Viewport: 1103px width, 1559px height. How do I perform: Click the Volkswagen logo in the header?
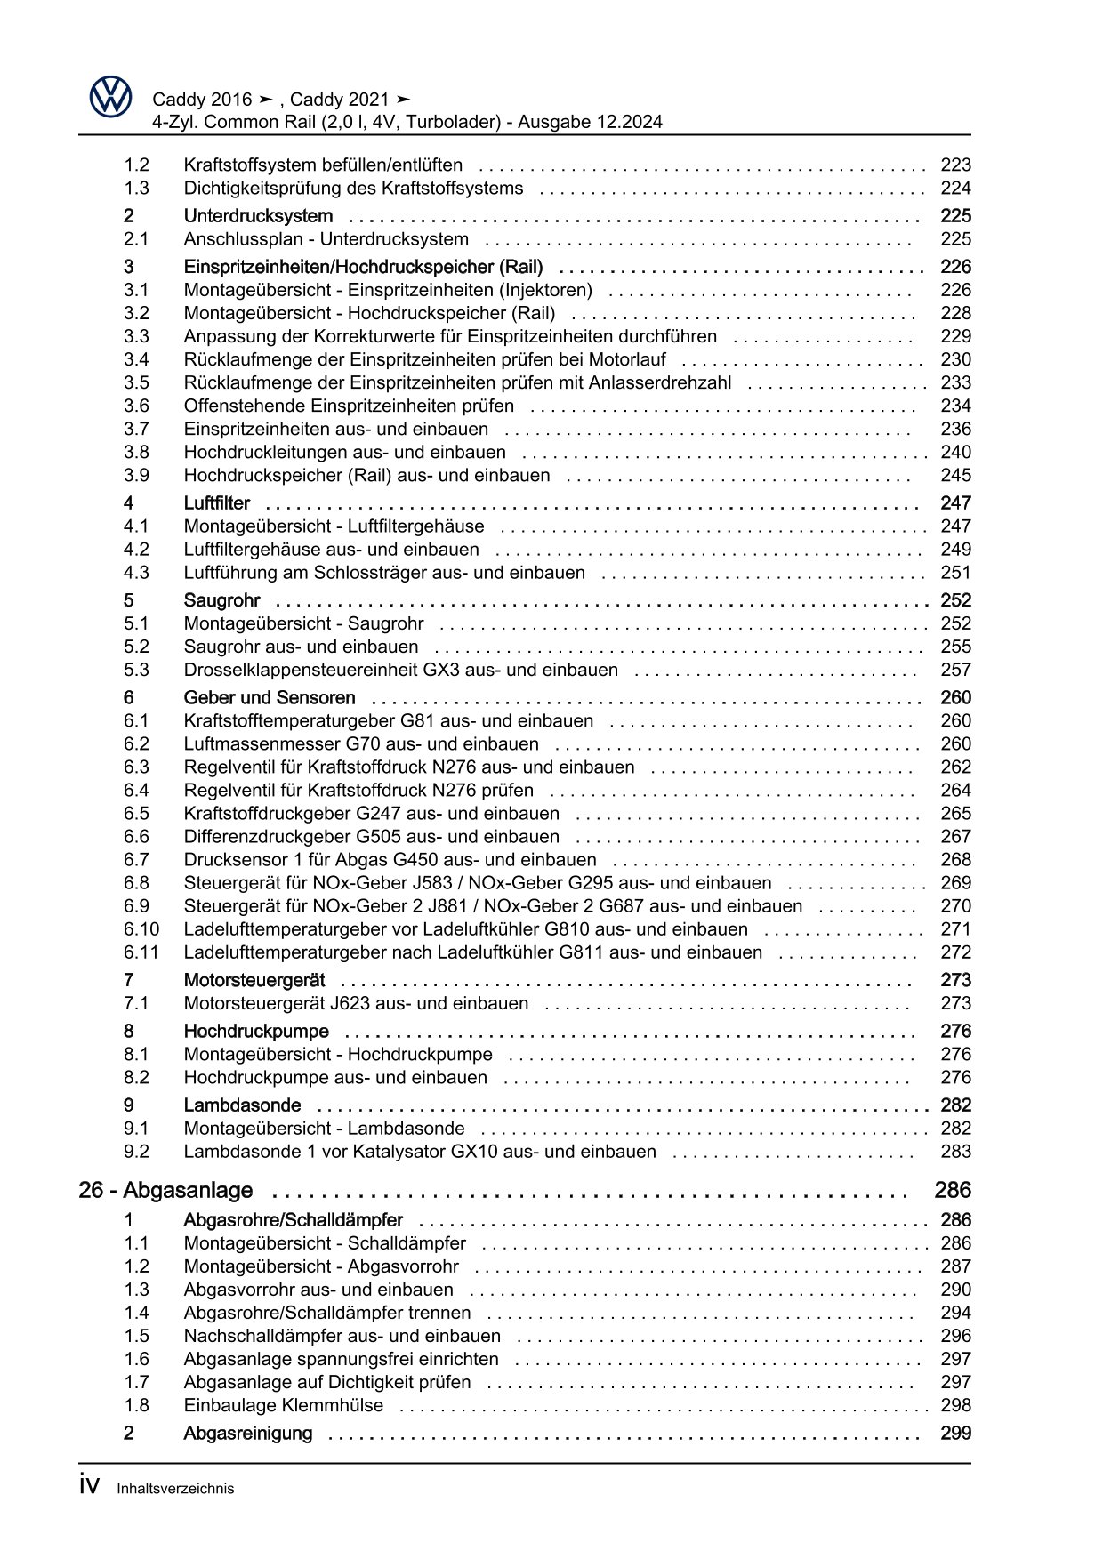point(110,97)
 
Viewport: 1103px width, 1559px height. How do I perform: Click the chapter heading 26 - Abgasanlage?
point(165,1190)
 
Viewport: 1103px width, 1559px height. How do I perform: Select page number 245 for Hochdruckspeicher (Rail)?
point(955,475)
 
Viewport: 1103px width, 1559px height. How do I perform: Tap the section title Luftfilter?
point(216,503)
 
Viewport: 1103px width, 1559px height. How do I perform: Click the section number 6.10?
point(141,928)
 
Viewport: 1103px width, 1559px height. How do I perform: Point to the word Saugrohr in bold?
point(221,600)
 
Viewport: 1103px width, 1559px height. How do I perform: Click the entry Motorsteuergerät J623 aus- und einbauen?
point(356,1003)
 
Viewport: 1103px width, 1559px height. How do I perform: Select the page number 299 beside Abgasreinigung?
point(955,1433)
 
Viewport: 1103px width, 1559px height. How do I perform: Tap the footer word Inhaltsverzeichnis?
point(175,1489)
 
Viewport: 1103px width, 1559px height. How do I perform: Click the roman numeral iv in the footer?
point(88,1486)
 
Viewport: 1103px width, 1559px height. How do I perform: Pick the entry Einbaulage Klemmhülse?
point(283,1405)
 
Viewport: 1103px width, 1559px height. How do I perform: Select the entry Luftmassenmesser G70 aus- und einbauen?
point(361,743)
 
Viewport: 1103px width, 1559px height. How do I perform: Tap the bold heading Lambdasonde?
point(242,1105)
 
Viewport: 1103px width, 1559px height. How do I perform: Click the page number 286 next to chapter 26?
point(953,1190)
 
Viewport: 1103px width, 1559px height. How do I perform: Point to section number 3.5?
point(136,382)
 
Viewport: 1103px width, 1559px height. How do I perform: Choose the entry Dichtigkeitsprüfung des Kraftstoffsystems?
point(353,188)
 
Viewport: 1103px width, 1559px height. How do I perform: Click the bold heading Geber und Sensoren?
point(269,698)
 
